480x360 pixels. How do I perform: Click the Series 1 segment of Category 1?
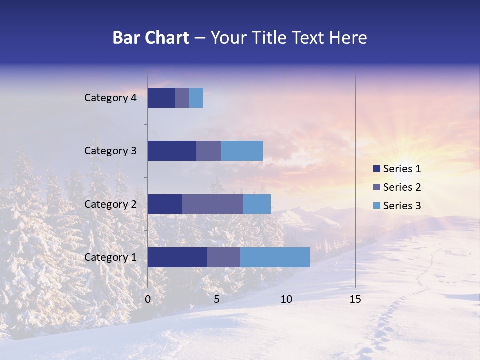[x=177, y=257]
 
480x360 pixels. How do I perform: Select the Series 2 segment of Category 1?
[x=224, y=257]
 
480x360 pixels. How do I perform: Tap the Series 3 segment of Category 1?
[x=275, y=257]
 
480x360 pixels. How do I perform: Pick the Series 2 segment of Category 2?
[x=213, y=204]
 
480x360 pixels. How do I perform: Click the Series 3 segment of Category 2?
[x=257, y=204]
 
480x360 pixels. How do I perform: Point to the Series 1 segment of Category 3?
[x=172, y=151]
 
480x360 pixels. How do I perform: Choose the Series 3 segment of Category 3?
[x=242, y=151]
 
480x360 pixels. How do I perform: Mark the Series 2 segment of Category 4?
[x=182, y=98]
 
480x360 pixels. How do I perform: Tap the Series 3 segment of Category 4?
[x=196, y=98]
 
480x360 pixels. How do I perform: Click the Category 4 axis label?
[x=110, y=98]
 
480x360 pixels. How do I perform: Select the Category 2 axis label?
[x=110, y=204]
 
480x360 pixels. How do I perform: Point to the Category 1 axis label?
[x=110, y=257]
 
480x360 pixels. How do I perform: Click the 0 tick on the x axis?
[x=148, y=299]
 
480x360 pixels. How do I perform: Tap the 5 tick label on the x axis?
[x=217, y=299]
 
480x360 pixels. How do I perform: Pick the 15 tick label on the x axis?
[x=355, y=299]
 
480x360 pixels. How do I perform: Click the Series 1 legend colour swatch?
[x=376, y=169]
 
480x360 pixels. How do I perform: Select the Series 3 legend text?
[x=402, y=205]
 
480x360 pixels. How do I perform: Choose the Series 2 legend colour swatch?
[x=376, y=187]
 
